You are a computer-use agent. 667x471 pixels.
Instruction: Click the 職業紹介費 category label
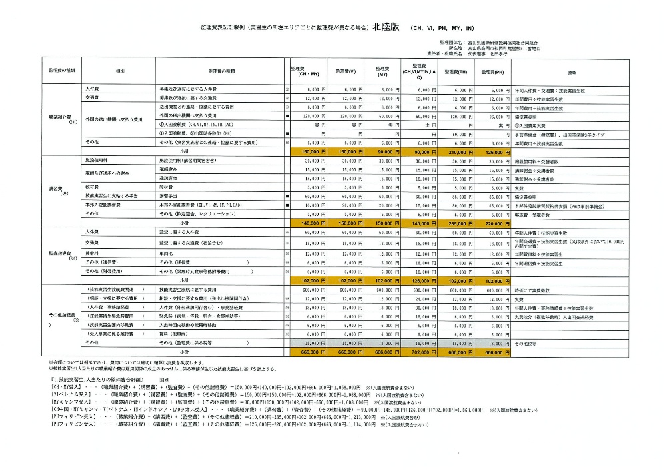click(x=56, y=116)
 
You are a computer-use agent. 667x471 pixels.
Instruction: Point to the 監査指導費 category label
click(x=56, y=254)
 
